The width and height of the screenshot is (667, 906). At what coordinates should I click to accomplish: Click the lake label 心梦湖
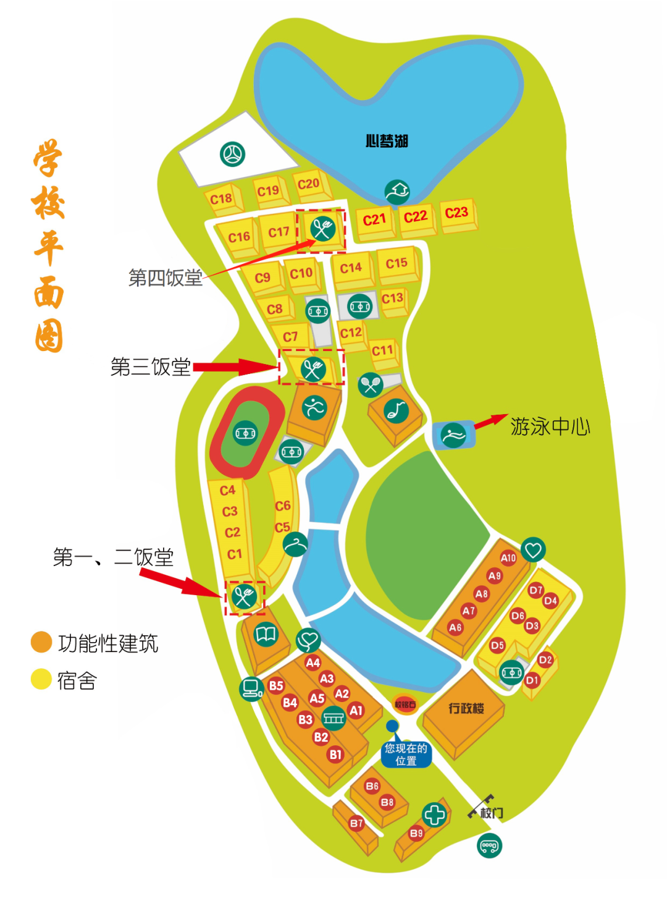click(387, 142)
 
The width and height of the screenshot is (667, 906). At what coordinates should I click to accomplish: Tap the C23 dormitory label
click(456, 213)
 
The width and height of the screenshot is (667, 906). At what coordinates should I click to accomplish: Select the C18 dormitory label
click(221, 199)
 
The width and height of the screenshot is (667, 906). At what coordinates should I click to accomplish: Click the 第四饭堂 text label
click(166, 278)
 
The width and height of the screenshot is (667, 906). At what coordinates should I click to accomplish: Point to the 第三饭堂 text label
click(151, 367)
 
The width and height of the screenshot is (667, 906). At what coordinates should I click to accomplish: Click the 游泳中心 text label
click(550, 426)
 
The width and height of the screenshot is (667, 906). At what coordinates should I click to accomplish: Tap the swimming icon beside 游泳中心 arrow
click(454, 435)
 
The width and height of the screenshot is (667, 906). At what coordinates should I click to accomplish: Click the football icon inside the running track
click(245, 433)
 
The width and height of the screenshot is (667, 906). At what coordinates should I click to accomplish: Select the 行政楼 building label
click(466, 708)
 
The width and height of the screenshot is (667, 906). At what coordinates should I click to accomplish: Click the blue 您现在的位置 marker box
click(406, 755)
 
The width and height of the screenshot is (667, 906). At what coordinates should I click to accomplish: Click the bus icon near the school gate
click(490, 845)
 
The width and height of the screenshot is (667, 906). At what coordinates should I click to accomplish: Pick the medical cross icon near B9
click(434, 815)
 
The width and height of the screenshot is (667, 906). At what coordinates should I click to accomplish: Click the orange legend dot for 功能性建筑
click(41, 642)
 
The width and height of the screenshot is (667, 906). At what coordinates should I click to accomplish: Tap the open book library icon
click(266, 635)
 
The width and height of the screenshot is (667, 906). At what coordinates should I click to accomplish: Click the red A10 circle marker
click(508, 558)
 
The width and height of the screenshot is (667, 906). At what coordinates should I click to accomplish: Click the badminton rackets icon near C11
click(371, 385)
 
